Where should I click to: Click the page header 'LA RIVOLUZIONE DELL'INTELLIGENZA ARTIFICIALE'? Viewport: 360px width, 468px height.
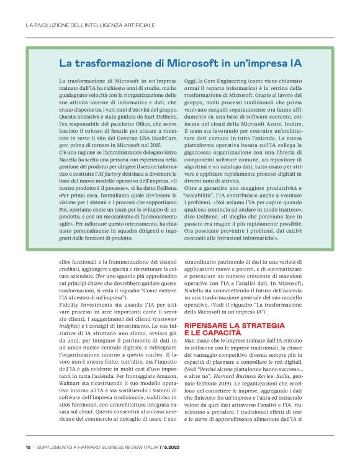(x=91, y=25)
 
